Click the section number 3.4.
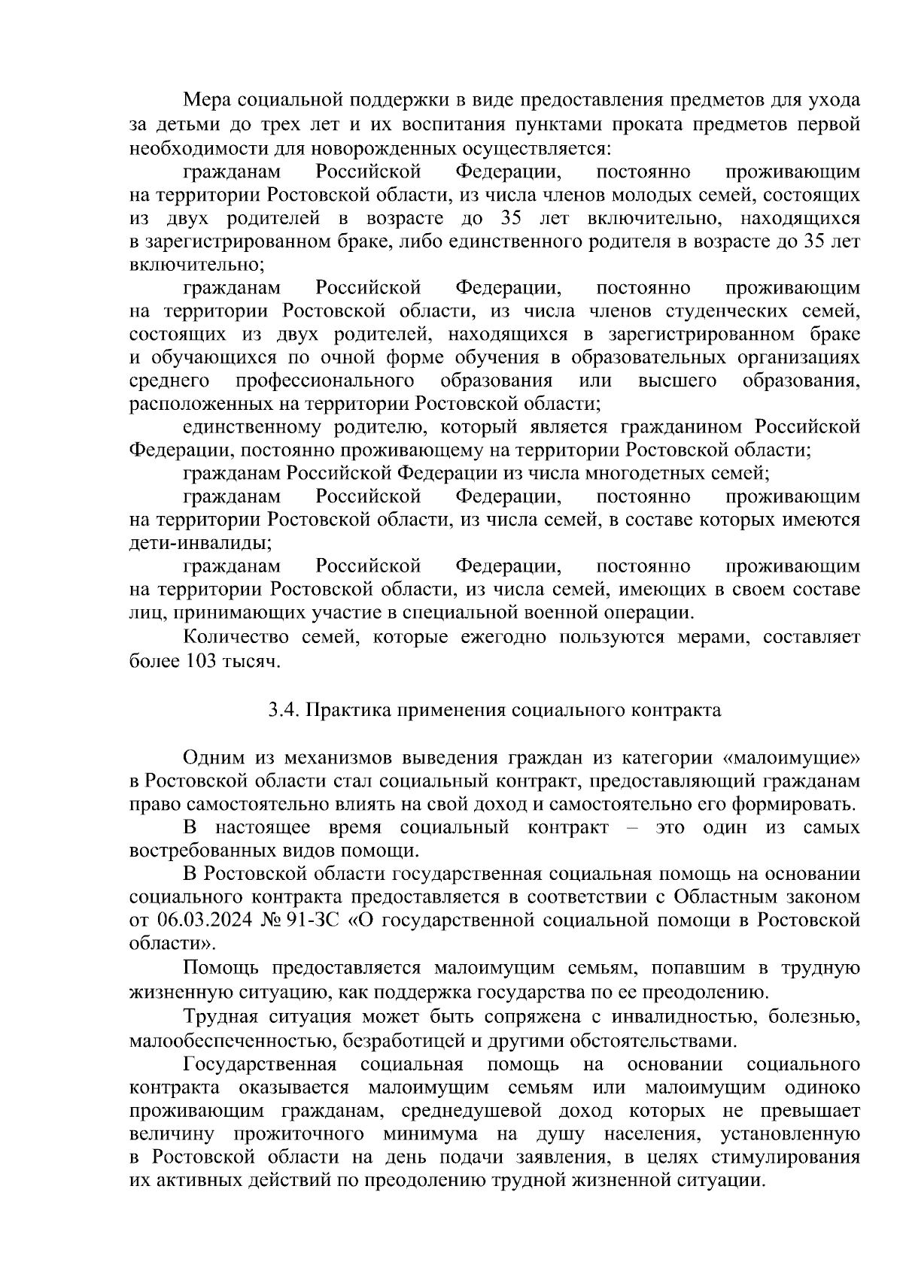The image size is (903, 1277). pyautogui.click(x=284, y=710)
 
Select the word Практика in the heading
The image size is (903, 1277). pyautogui.click(x=346, y=710)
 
